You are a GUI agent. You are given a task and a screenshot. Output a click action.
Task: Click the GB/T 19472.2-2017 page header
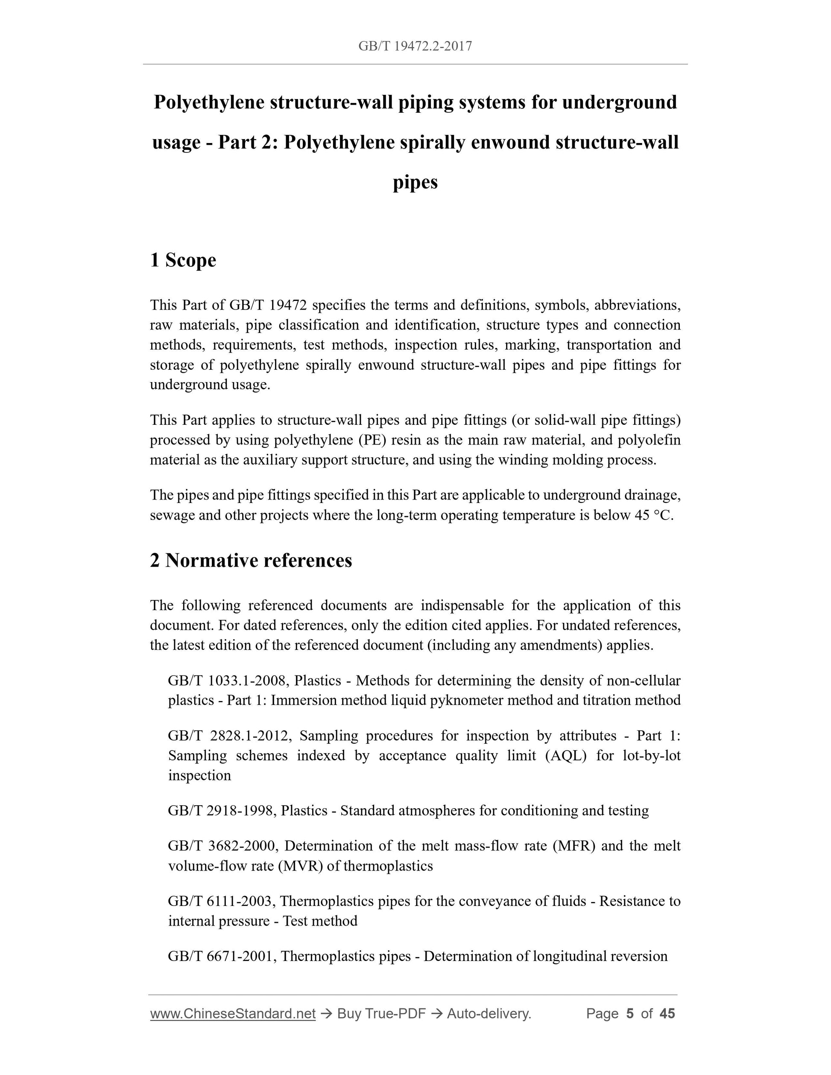(x=415, y=46)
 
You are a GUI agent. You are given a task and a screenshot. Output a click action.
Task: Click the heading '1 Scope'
(x=183, y=260)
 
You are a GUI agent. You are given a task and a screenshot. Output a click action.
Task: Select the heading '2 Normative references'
(x=251, y=560)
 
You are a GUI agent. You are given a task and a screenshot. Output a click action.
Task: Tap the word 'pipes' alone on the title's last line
(x=415, y=183)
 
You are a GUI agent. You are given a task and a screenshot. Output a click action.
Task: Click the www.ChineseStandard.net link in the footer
(x=232, y=1014)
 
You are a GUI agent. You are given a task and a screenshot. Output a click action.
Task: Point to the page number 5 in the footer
(x=629, y=1014)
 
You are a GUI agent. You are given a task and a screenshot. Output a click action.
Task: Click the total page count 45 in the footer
(x=667, y=1014)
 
